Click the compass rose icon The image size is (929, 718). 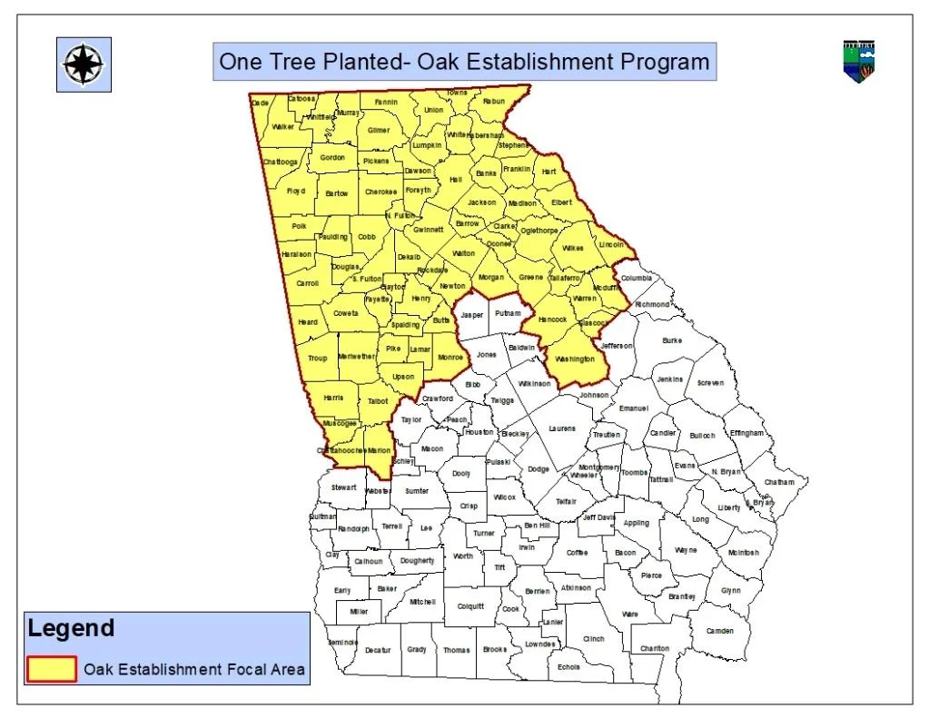point(84,64)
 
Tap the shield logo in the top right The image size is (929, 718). point(858,61)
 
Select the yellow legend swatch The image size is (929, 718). point(51,669)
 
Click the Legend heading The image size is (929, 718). point(71,628)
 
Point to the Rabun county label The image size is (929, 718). point(493,102)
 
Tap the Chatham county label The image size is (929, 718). point(779,482)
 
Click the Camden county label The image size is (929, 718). point(720,630)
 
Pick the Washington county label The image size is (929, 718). point(574,359)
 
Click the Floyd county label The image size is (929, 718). point(296,192)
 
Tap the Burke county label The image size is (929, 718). point(672,340)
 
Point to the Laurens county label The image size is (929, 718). point(561,428)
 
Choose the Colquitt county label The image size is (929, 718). point(470,606)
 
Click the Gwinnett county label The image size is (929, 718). point(428,230)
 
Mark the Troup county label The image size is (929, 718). point(317,359)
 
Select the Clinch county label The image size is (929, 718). point(593,638)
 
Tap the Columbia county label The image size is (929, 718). point(637,278)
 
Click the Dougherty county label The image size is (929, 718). point(417,561)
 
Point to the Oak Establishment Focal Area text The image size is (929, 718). point(194,670)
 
